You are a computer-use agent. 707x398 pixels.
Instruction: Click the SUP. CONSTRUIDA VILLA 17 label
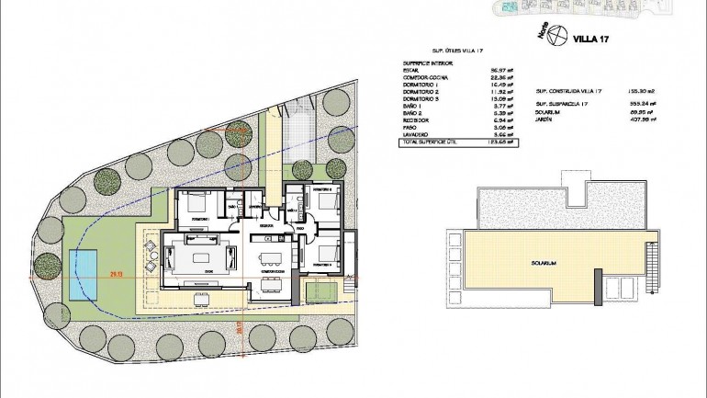pos(568,92)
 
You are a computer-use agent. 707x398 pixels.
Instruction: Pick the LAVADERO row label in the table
pos(418,134)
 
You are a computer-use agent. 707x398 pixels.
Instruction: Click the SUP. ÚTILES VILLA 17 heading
pos(459,51)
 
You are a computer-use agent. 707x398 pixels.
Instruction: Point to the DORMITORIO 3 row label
pos(422,100)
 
